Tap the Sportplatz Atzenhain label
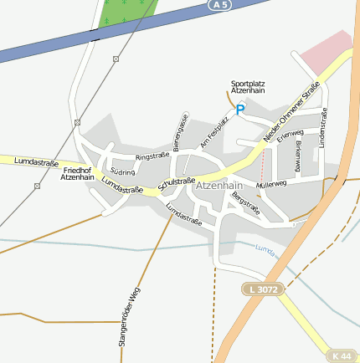[x=248, y=88]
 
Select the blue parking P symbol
[x=240, y=109]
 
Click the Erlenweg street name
[x=290, y=134]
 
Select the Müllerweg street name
[x=271, y=183]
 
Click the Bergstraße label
[x=245, y=204]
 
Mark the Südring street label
[x=122, y=171]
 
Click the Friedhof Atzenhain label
[x=78, y=173]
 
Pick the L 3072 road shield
[x=265, y=289]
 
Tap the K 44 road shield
[x=341, y=355]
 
